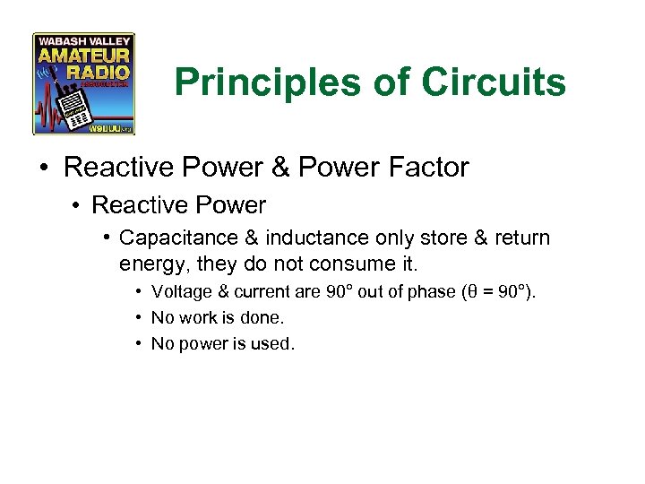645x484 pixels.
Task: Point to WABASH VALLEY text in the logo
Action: pos(84,41)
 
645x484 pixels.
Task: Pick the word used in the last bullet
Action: pos(272,344)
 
